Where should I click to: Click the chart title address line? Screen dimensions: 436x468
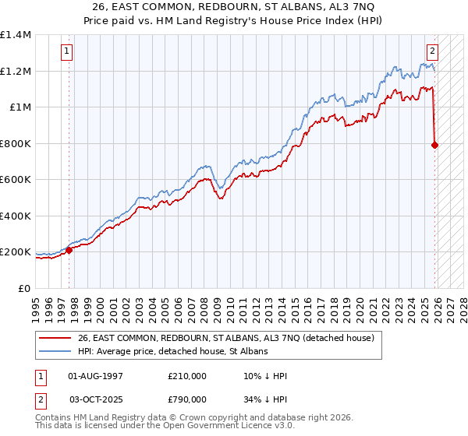tap(235, 7)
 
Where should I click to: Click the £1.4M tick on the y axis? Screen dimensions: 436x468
tap(16, 35)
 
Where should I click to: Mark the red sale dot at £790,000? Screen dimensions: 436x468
tap(434, 145)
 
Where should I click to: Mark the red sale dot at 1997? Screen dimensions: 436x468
tap(69, 250)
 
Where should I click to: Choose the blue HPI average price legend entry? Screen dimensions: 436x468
tap(172, 352)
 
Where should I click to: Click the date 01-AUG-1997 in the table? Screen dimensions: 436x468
tap(95, 376)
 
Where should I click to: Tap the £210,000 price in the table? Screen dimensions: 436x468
tap(187, 376)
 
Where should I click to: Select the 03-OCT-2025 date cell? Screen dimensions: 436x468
tap(95, 399)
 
